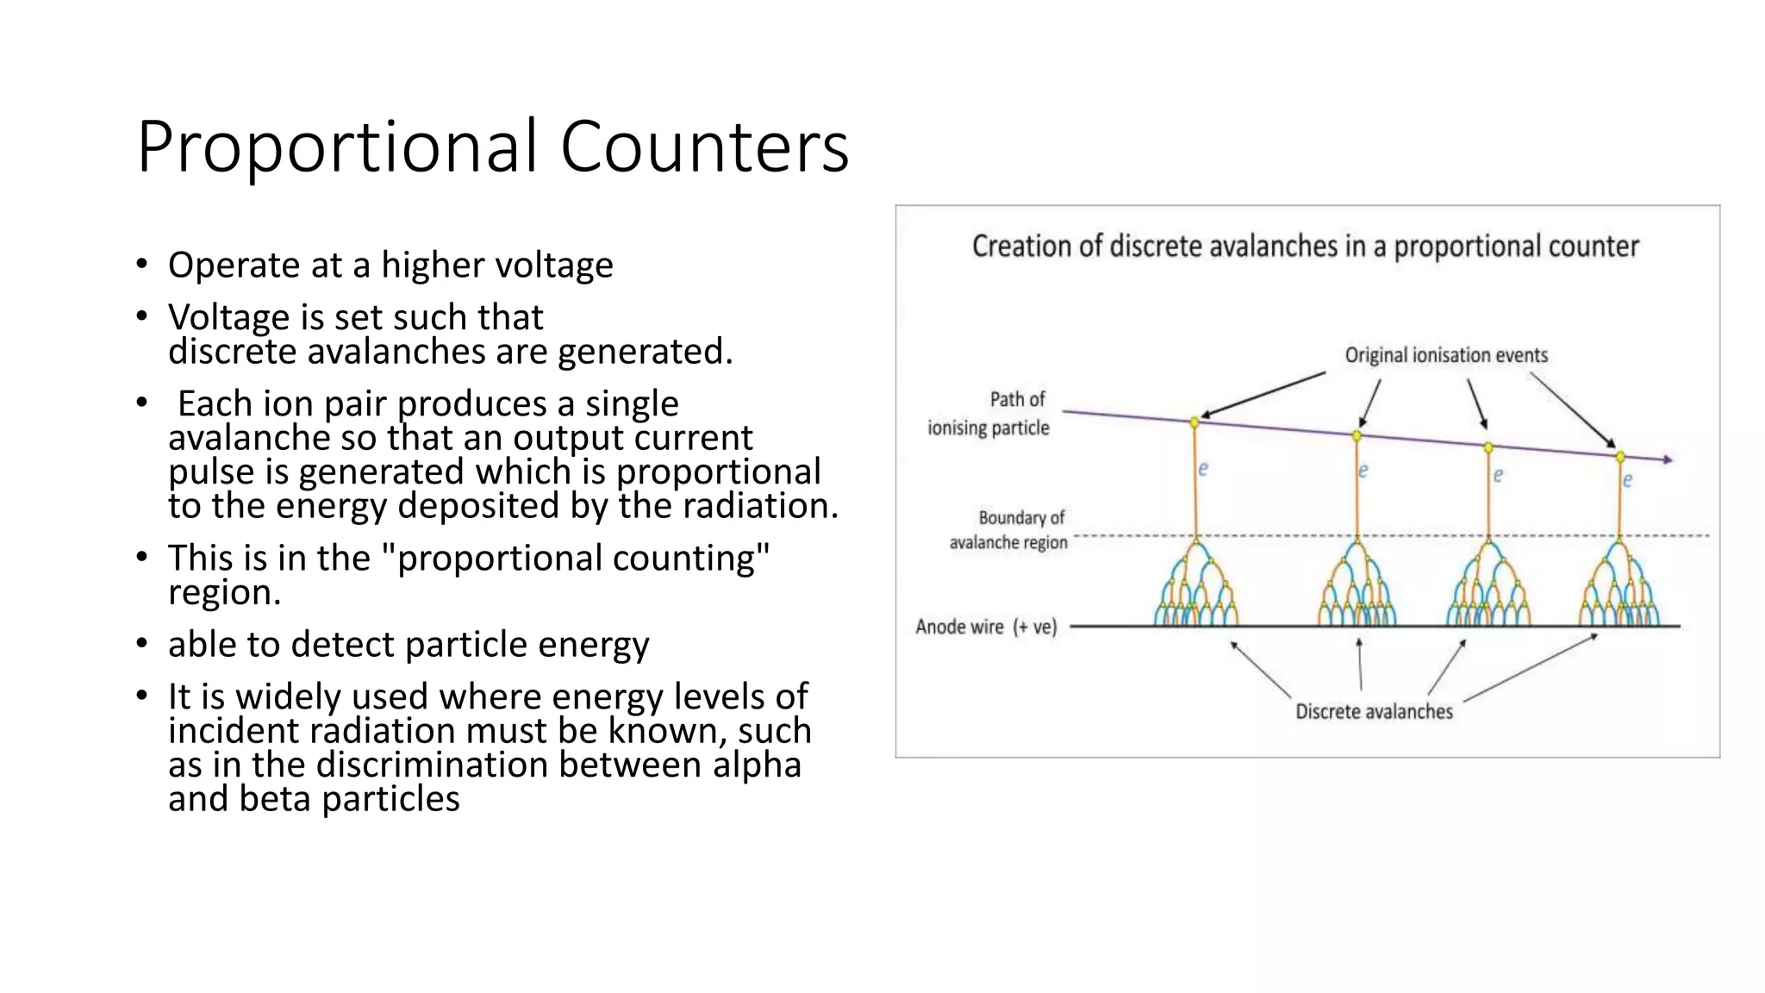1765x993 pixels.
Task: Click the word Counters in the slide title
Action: pyautogui.click(x=704, y=147)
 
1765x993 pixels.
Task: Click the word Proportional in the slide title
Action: pyautogui.click(x=337, y=147)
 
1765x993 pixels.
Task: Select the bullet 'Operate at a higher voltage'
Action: pyautogui.click(x=390, y=265)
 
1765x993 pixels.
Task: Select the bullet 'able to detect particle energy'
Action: pyautogui.click(x=409, y=644)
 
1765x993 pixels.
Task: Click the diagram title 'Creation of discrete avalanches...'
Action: pyautogui.click(x=1305, y=247)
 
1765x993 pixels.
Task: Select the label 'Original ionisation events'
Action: pyautogui.click(x=1445, y=355)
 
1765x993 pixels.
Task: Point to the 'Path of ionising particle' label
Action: pyautogui.click(x=989, y=414)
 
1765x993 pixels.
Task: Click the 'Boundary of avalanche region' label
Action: pyautogui.click(x=1008, y=530)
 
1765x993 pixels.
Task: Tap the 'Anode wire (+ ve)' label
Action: pyautogui.click(x=986, y=627)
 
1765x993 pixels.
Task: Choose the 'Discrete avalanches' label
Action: pyautogui.click(x=1374, y=712)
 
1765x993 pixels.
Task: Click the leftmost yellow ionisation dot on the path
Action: pyautogui.click(x=1194, y=422)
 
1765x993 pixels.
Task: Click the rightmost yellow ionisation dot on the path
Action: pyautogui.click(x=1620, y=457)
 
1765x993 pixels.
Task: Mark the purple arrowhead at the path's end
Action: pyautogui.click(x=1668, y=460)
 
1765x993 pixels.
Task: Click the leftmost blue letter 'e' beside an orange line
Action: pyautogui.click(x=1203, y=469)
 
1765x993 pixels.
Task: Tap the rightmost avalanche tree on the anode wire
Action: pyautogui.click(x=1619, y=586)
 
